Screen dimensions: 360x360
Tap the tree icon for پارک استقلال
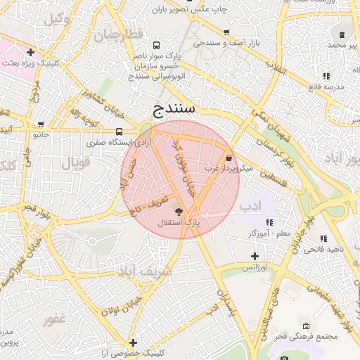click(177, 211)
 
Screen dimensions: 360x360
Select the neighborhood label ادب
click(250, 207)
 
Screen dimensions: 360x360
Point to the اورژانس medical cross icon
click(254, 256)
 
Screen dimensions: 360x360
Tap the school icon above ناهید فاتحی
click(324, 239)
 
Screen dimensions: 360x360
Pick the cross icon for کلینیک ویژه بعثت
click(30, 52)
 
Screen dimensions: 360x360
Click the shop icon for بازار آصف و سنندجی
click(226, 32)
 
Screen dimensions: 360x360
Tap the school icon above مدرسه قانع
click(326, 76)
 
